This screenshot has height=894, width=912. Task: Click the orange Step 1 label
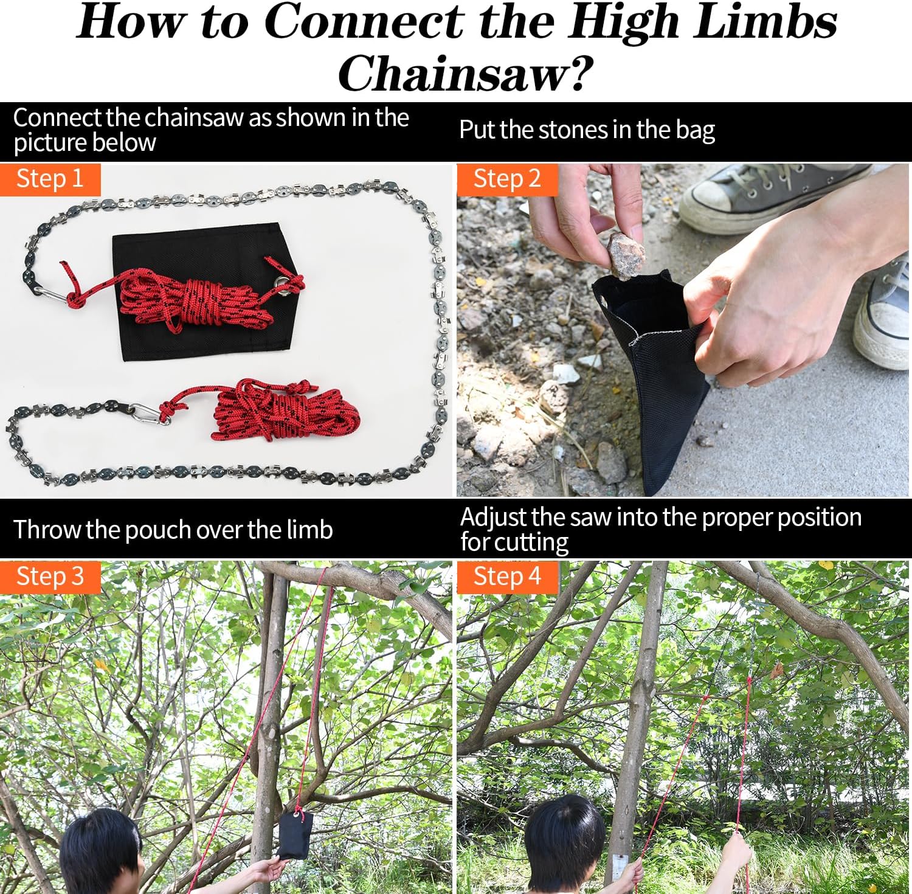click(x=50, y=179)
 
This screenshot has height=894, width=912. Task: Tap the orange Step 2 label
click(x=506, y=179)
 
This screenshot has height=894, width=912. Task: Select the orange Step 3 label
click(x=50, y=577)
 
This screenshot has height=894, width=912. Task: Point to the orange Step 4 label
click(x=506, y=577)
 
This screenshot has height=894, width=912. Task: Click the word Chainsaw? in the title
click(x=465, y=74)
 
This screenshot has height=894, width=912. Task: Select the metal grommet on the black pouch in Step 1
click(x=280, y=283)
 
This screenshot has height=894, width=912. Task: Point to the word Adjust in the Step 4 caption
click(x=493, y=518)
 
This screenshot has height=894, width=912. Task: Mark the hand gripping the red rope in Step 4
click(x=736, y=851)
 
